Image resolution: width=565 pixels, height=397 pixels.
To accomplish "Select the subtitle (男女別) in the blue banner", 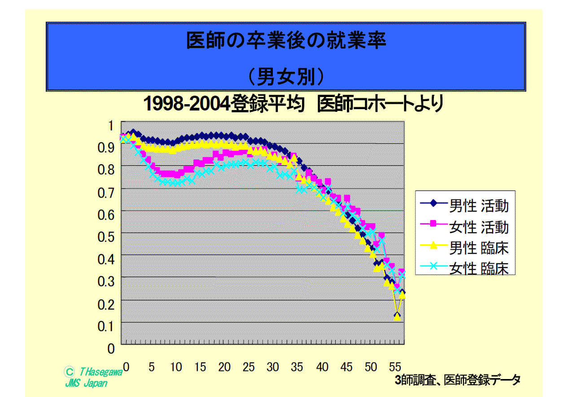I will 286,76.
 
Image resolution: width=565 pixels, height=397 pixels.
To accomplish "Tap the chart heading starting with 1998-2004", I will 293,104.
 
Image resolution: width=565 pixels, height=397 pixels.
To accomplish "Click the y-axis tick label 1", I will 111,125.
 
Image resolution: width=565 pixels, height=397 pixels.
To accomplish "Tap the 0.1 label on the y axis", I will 106,326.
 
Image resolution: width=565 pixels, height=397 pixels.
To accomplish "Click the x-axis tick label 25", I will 248,367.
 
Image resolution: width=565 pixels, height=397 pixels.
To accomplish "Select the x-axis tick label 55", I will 395,367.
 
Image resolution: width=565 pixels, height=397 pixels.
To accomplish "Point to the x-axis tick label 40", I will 322,367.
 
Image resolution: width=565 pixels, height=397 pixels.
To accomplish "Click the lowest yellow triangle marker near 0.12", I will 397,317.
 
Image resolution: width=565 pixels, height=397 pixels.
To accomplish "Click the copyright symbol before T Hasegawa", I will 70,372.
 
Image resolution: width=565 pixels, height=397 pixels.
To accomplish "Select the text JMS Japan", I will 86,384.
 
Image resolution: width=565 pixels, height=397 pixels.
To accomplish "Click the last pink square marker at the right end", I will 402,272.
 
